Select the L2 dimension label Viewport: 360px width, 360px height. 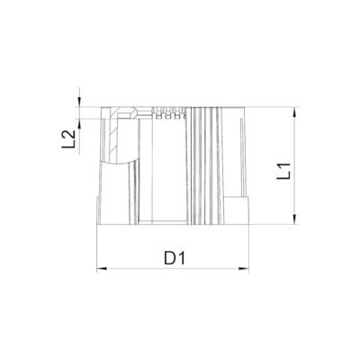(68, 140)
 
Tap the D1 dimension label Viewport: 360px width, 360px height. (175, 259)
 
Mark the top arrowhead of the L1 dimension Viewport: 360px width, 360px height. (293, 110)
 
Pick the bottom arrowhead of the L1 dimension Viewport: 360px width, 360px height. (293, 223)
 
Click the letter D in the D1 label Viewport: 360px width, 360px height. (169, 259)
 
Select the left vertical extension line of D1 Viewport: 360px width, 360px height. (95, 247)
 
